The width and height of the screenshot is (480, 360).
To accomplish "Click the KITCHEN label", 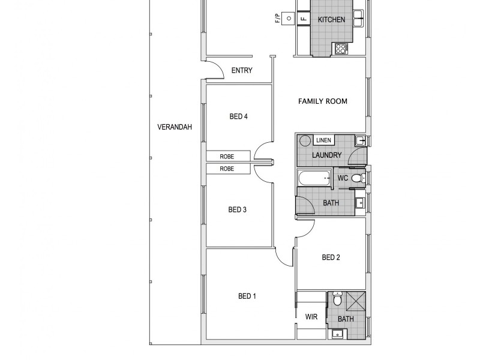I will click(331, 20).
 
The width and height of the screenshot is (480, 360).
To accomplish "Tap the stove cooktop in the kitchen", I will click(341, 49).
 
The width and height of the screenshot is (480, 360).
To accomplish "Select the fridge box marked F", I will click(303, 19).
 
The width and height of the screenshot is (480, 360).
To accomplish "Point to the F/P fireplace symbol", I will click(289, 19).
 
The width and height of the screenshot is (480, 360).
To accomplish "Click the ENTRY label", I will click(242, 70).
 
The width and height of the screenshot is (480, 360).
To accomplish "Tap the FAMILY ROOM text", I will click(323, 101).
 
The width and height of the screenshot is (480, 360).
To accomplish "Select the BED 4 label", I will click(238, 116).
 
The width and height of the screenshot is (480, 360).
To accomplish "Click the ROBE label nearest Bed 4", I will click(226, 156).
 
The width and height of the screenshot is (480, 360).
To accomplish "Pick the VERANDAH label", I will click(174, 127).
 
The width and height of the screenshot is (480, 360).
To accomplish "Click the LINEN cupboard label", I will click(323, 140).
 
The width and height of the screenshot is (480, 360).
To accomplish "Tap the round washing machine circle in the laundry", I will click(305, 141).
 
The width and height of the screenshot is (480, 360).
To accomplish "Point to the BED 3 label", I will click(238, 209).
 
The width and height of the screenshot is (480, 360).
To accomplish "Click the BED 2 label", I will click(331, 257).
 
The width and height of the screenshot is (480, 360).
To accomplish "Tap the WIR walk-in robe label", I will click(311, 316).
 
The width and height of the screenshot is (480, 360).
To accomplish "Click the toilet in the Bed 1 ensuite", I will click(337, 299).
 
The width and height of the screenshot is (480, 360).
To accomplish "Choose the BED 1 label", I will click(247, 296).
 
